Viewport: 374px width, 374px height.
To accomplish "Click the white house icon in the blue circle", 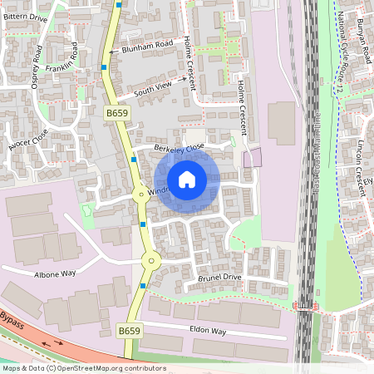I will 187,180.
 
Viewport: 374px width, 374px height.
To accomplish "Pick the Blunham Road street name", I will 146,47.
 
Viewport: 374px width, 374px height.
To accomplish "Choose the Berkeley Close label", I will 179,148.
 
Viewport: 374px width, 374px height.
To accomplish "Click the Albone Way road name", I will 55,273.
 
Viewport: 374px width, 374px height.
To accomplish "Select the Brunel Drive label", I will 219,277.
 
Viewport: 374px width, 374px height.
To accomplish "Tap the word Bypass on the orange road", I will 12,319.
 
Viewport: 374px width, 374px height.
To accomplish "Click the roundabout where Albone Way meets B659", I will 150,260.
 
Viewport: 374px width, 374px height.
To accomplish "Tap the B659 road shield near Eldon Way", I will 129,331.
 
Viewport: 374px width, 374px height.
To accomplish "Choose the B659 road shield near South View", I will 116,111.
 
